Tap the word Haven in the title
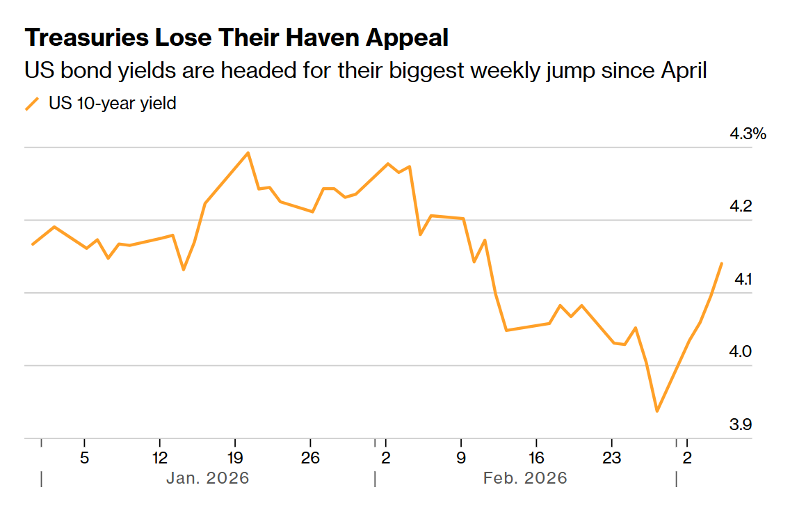pos(317,38)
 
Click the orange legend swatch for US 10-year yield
pos(32,104)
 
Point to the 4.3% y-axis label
pos(748,134)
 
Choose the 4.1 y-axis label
pos(743,280)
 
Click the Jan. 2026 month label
pos(207,479)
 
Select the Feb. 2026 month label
pos(525,479)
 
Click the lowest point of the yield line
pos(656,411)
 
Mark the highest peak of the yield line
pos(248,152)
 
